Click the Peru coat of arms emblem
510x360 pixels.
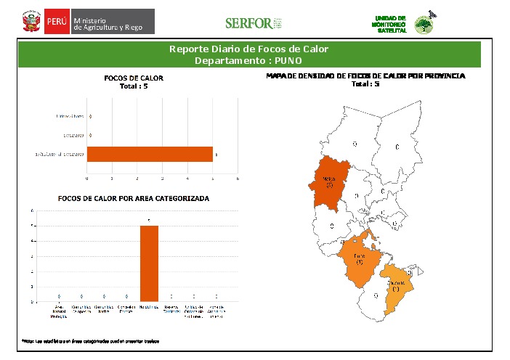(30, 22)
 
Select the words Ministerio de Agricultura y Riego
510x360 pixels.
(113, 22)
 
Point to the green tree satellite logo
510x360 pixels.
(422, 25)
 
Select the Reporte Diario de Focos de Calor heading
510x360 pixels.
(248, 49)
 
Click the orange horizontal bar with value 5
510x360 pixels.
(150, 154)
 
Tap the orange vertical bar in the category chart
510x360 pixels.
(149, 263)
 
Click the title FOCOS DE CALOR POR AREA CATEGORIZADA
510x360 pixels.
(133, 198)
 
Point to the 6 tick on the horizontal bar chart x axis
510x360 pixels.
(238, 178)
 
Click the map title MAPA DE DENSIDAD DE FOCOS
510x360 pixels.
(365, 75)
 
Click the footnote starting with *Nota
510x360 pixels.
(89, 340)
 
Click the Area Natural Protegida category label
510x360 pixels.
(59, 310)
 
